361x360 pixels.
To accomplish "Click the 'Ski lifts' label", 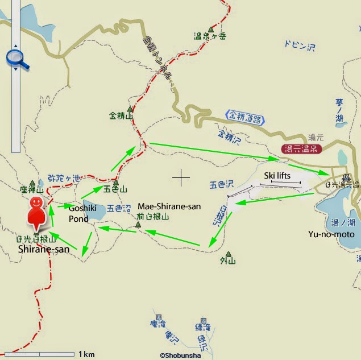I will [x=277, y=176].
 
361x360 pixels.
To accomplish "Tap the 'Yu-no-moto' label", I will [x=331, y=234].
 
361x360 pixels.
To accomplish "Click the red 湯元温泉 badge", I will [x=301, y=150].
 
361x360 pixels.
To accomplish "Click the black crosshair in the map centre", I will [x=181, y=177].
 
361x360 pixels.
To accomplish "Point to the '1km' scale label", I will [x=86, y=354].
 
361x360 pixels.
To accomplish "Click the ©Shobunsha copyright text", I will [x=180, y=355].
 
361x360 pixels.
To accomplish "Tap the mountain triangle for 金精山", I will [x=130, y=109].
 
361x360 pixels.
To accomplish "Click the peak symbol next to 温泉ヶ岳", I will [x=211, y=29].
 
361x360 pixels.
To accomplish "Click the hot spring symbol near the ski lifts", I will [x=346, y=176].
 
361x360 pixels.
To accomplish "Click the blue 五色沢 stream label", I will [x=221, y=184].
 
